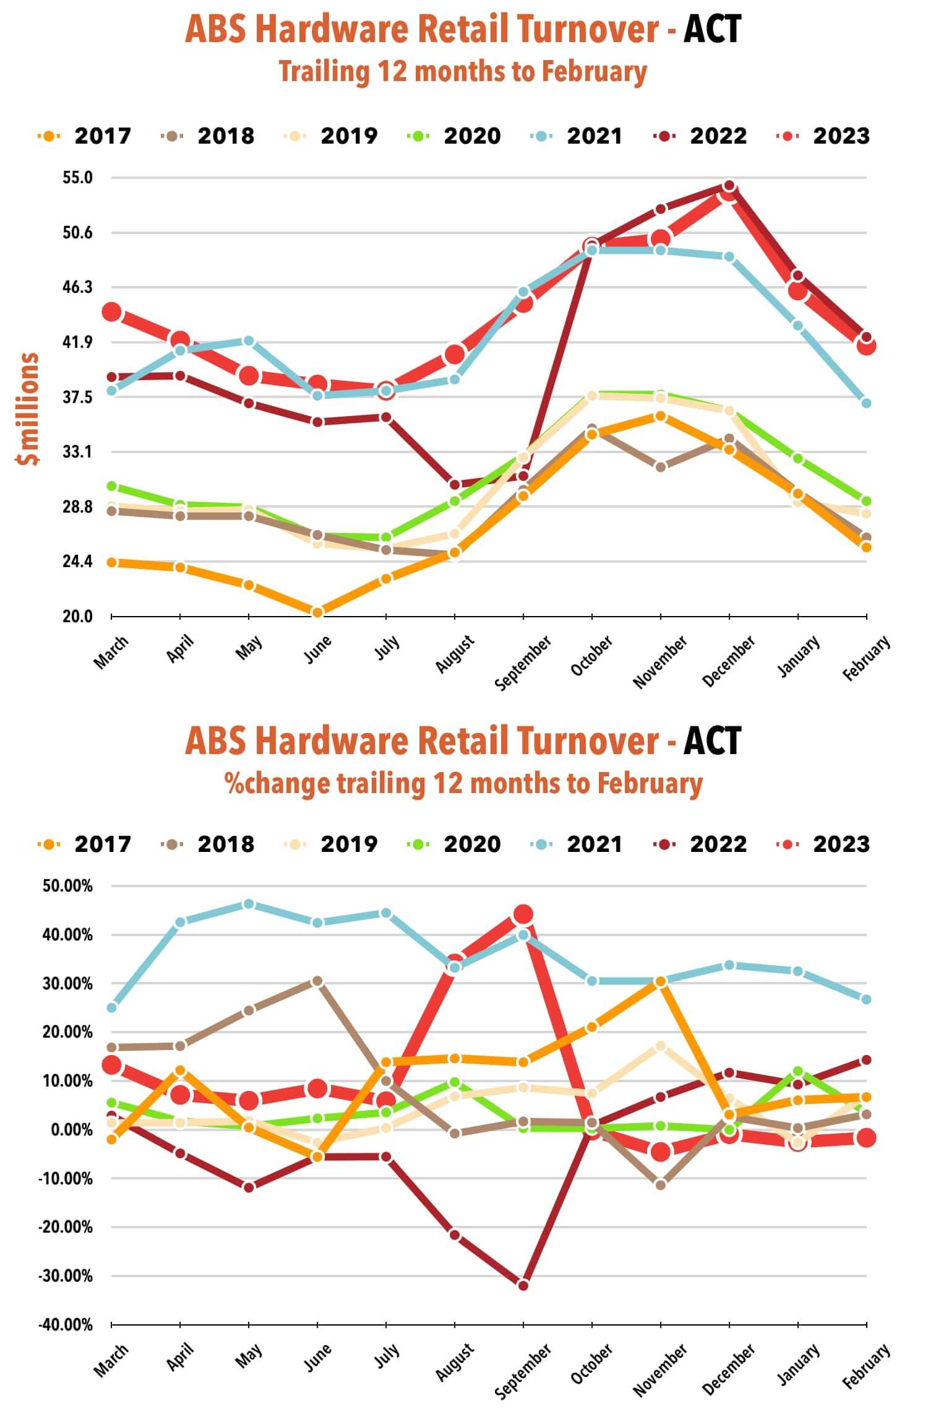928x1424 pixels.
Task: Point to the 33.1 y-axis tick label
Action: pos(77,452)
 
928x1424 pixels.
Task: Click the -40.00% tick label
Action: pos(66,1325)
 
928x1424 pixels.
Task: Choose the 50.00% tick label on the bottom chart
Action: pos(67,886)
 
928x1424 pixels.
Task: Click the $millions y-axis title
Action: pos(28,409)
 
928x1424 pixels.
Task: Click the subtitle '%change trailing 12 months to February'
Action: pos(463,784)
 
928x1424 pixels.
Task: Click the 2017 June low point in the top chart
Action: pos(317,613)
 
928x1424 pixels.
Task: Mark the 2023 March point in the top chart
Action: pos(111,312)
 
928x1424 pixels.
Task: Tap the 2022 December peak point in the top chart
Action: pos(729,186)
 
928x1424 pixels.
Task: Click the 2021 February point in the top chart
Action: pos(866,403)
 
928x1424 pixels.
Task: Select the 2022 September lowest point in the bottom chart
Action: pos(523,1285)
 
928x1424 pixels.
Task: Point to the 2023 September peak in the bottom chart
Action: pos(523,914)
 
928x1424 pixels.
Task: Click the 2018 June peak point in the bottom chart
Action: pos(317,981)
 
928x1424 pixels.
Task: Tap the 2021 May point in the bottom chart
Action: pos(249,904)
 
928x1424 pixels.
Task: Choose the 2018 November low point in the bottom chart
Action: pos(661,1185)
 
